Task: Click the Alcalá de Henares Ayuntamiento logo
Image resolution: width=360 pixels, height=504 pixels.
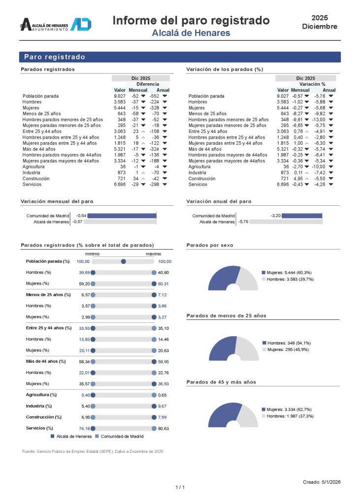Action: pos(55,25)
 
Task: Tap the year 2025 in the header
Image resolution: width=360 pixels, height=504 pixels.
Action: pos(320,17)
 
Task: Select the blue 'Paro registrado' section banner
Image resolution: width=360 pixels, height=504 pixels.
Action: pos(180,57)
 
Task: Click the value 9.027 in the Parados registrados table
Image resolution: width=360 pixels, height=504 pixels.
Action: pos(120,96)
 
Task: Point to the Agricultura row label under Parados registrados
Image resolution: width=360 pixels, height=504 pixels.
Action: pos(33,167)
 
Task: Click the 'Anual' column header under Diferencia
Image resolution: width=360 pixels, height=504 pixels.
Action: pos(163,90)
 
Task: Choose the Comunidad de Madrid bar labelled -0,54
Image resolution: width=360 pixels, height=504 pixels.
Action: pos(122,216)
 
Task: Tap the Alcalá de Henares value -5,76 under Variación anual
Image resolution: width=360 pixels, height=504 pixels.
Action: pos(243,222)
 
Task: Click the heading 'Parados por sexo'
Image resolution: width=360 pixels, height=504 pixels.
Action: pos(210,245)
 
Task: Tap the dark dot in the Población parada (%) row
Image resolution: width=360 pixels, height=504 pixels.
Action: pos(124,261)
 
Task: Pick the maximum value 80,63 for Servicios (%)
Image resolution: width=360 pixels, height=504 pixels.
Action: pos(164,429)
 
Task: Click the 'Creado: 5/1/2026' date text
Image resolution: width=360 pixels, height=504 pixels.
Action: pos(322,482)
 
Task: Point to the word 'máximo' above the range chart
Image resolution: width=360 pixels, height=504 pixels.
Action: pos(153,254)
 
